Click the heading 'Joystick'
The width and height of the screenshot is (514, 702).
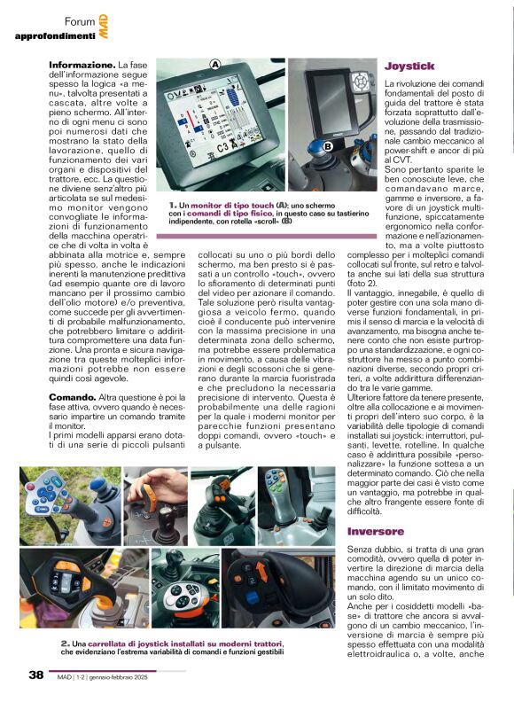click(409, 66)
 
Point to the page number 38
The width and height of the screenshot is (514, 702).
click(36, 675)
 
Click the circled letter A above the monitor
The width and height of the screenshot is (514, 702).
click(214, 64)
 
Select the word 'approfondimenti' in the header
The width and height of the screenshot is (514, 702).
click(54, 35)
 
